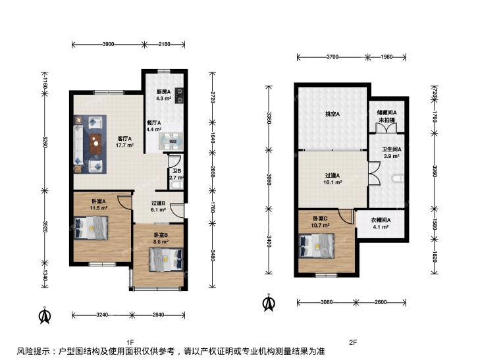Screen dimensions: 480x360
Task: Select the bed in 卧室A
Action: (x=92, y=228)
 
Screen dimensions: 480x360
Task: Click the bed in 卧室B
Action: (x=166, y=259)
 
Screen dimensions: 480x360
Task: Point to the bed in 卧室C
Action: (x=317, y=245)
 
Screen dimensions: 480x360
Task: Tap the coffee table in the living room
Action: (x=96, y=144)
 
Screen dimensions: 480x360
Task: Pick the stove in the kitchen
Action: (x=180, y=95)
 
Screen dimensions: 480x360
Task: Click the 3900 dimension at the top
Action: (x=108, y=44)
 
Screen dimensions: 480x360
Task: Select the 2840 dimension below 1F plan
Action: (x=158, y=315)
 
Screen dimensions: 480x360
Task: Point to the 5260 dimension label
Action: (x=45, y=141)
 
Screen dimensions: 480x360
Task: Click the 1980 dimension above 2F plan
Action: (x=387, y=57)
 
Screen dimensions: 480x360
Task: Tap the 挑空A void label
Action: (x=333, y=114)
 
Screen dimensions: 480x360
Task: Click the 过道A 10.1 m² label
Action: (x=333, y=179)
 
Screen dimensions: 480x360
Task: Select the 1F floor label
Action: (x=130, y=342)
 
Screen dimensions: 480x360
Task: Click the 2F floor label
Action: (x=353, y=342)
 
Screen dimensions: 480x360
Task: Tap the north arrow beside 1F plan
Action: (x=45, y=316)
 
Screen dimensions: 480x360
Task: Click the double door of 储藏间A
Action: (x=387, y=128)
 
